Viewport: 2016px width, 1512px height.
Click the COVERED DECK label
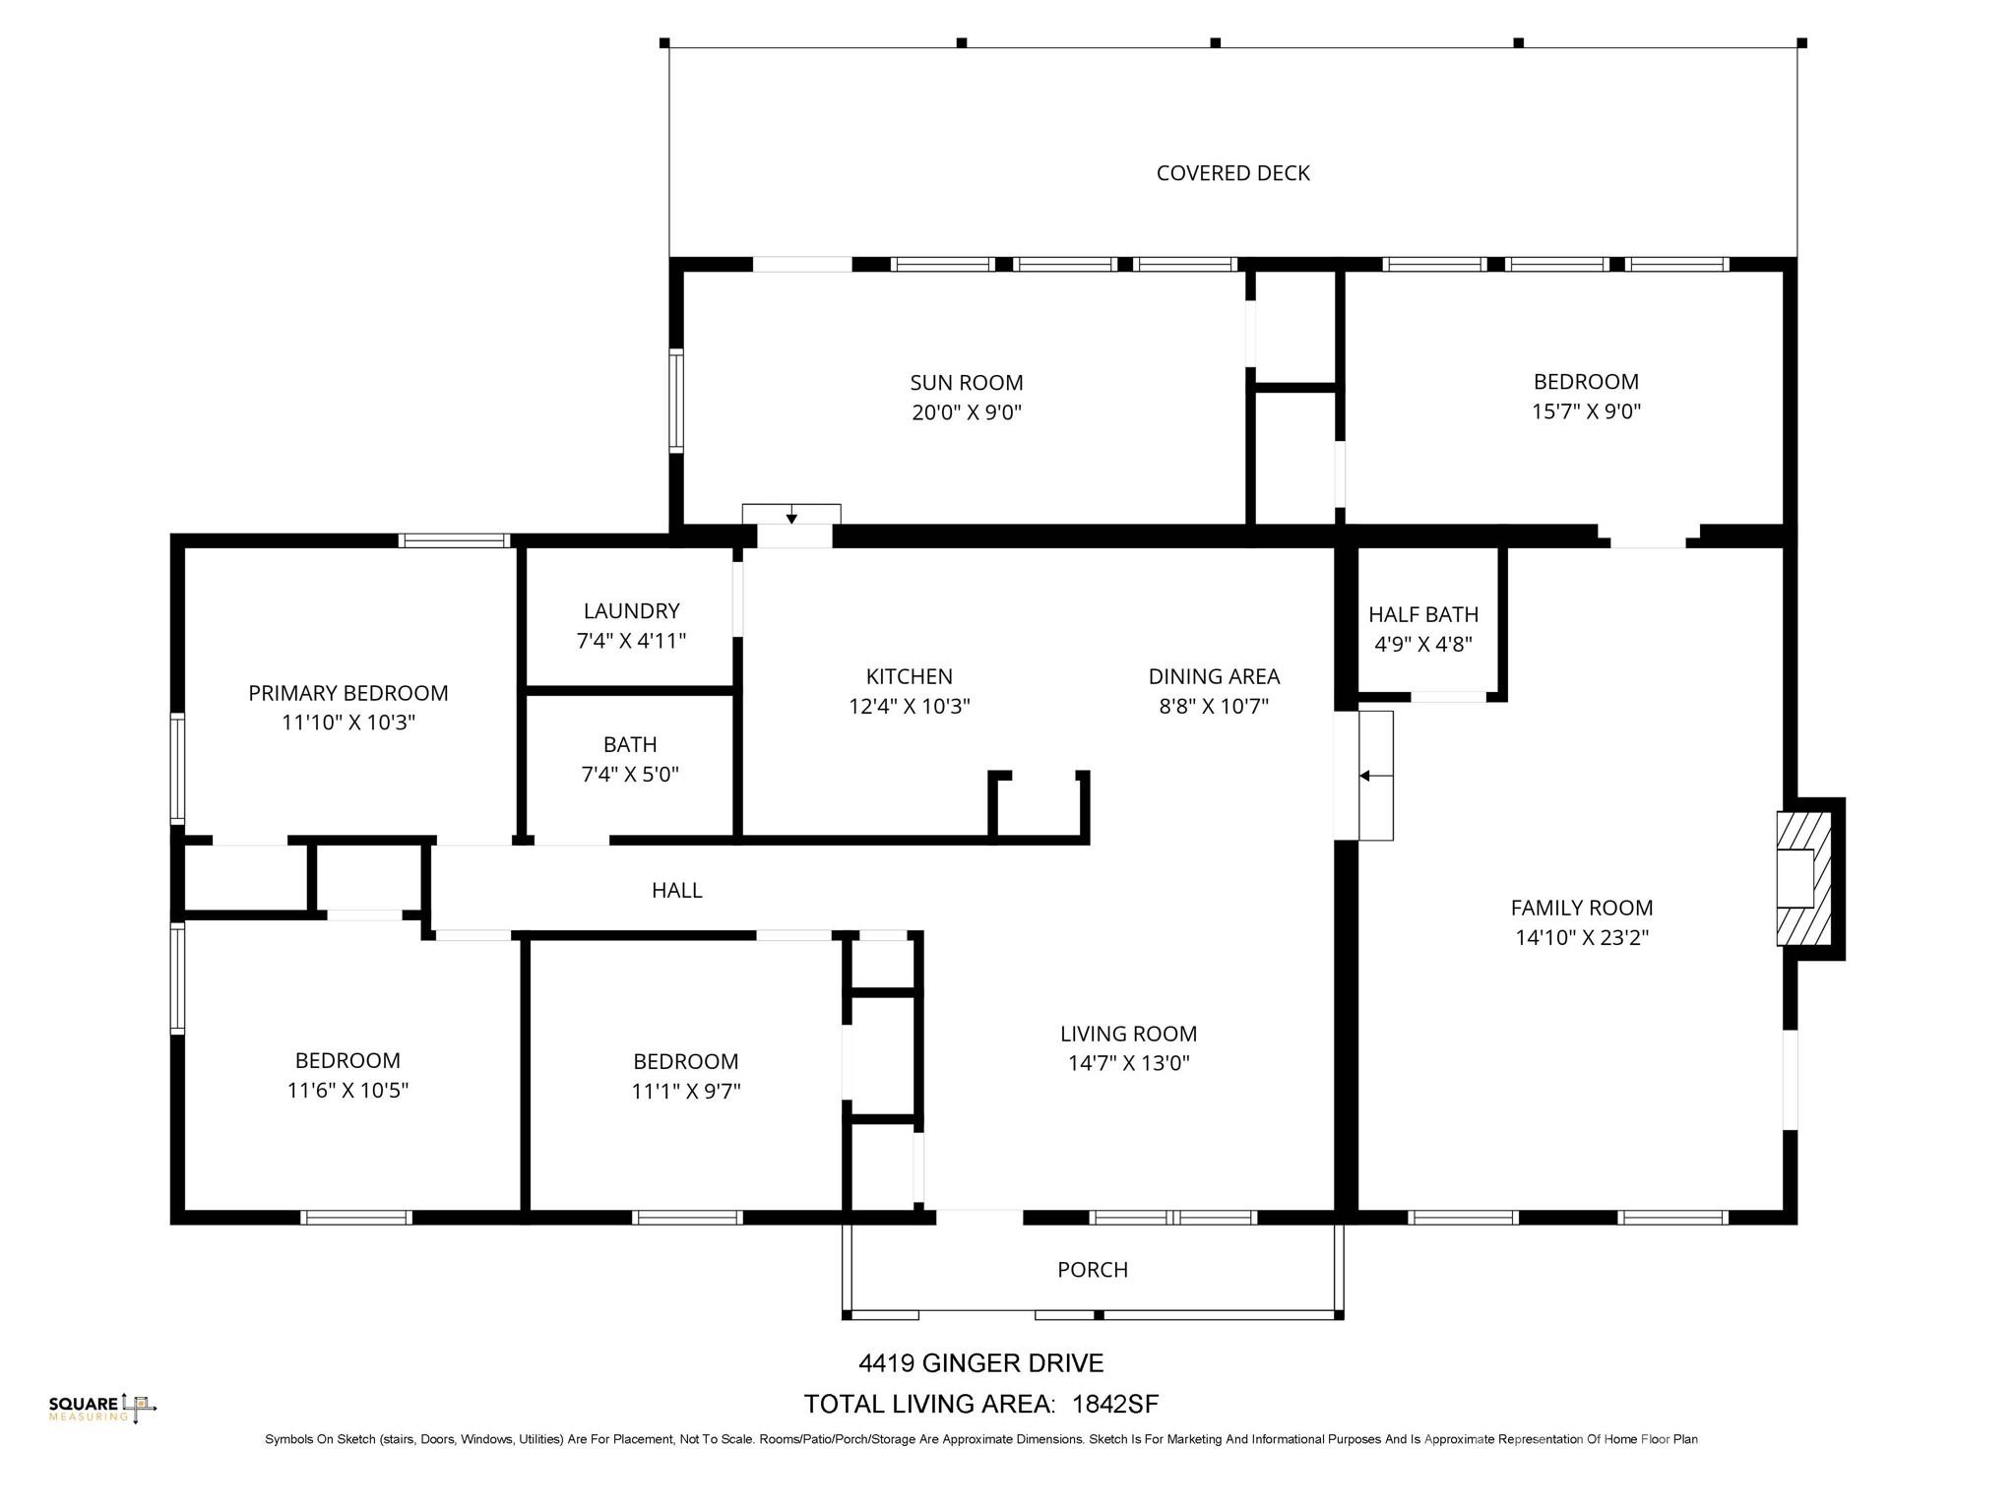pos(1232,173)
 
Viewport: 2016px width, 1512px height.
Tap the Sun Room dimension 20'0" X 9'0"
pos(966,412)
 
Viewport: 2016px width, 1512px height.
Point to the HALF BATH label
pos(1422,614)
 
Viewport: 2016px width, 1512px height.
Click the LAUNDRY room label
pos(631,611)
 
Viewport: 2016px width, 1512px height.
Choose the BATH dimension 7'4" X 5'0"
pos(630,775)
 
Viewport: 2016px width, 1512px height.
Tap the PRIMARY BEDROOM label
pos(347,693)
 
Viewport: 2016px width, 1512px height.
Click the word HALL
pos(676,890)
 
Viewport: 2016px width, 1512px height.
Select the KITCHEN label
pos(909,676)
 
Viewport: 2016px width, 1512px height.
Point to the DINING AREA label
pos(1213,676)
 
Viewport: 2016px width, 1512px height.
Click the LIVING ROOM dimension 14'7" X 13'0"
pos(1128,1063)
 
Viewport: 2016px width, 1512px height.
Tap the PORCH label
pos(1092,1270)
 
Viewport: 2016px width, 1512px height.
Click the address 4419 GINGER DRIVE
pos(980,1363)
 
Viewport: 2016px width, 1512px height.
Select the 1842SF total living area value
pos(1115,1404)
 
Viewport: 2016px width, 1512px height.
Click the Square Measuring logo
pos(101,1408)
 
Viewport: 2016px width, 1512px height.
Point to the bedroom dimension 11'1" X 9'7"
pos(685,1091)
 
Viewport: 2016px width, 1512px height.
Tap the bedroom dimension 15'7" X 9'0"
pos(1585,411)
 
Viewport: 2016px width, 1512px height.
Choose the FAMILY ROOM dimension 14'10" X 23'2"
pos(1581,937)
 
